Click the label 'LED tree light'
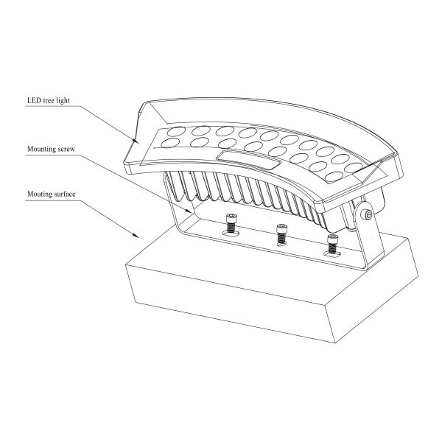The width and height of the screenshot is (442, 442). pos(49,101)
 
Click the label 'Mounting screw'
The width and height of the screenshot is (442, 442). pos(51,149)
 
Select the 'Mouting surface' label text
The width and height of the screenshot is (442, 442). pos(52,194)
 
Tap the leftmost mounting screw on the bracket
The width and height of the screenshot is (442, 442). pos(231,223)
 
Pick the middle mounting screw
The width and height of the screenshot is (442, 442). pos(281,234)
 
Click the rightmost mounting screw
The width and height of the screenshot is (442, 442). pos(332,244)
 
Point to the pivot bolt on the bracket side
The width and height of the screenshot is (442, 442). pos(368,215)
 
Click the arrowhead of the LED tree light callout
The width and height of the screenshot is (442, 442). pos(136,140)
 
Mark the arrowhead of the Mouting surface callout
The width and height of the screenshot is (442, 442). pos(136,235)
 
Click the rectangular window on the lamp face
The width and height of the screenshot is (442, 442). pos(249,160)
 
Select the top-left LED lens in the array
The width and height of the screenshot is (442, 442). pos(175,131)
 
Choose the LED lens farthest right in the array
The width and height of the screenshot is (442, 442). pos(353,168)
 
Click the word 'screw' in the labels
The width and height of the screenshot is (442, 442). pos(66,150)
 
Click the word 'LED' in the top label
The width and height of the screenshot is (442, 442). pos(34,100)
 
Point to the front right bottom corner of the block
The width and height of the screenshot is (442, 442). pos(335,343)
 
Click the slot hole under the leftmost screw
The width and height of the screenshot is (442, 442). pos(231,233)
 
